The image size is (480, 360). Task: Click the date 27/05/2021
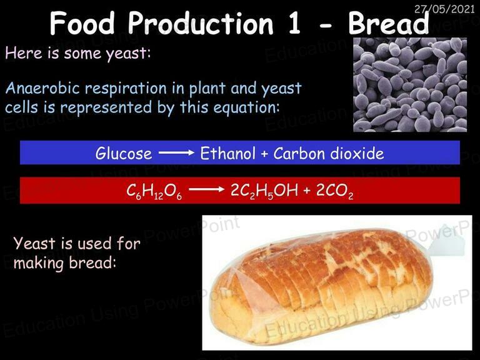tap(444, 9)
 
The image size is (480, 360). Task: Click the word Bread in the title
tap(389, 24)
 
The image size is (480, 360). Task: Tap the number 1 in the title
tap(294, 24)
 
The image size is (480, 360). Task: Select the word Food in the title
tap(82, 23)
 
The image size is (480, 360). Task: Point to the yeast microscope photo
tap(410, 85)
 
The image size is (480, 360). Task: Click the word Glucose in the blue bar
tap(124, 153)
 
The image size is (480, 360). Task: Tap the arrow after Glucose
tap(176, 152)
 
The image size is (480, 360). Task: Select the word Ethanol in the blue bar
tap(227, 153)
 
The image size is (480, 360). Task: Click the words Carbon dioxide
tap(329, 153)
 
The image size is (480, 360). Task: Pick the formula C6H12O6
tap(154, 191)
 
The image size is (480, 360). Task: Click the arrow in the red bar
tap(207, 189)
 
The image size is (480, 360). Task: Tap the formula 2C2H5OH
tap(264, 191)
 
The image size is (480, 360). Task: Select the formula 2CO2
tap(334, 191)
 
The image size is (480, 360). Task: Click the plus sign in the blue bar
tap(264, 154)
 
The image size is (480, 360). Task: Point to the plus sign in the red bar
tap(307, 191)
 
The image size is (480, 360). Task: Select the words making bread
tap(65, 262)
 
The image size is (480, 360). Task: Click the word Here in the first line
tap(24, 53)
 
